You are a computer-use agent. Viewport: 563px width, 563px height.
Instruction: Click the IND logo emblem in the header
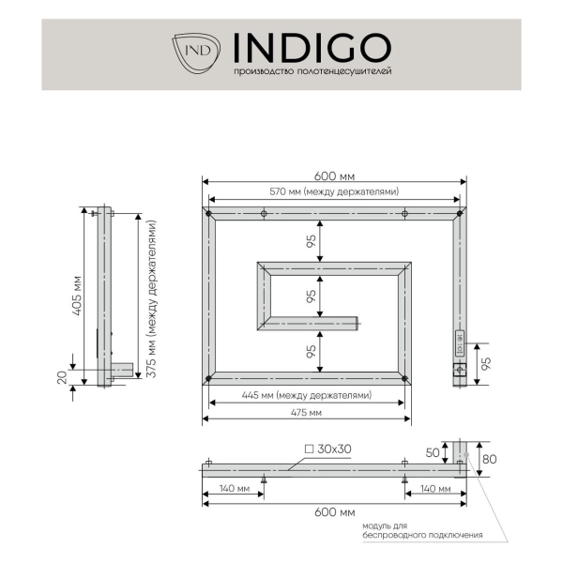[196, 53]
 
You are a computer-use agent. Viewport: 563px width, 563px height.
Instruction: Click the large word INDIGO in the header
[312, 48]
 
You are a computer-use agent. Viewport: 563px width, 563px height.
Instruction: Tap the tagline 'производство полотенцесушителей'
[312, 71]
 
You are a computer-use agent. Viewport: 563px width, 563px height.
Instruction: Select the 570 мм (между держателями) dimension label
[334, 191]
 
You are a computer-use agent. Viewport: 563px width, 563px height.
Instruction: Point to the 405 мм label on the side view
[77, 296]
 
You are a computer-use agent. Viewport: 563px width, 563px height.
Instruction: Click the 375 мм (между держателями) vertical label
[151, 298]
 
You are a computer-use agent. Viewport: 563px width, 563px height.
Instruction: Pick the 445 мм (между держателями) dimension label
[307, 395]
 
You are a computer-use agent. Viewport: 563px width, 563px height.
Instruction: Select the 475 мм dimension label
[306, 413]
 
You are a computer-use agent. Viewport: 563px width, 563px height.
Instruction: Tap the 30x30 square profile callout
[327, 449]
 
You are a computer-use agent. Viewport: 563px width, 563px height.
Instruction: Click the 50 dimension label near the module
[433, 453]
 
